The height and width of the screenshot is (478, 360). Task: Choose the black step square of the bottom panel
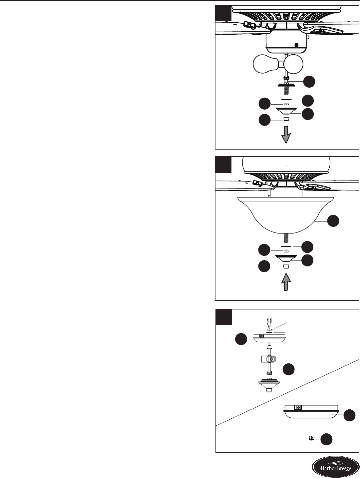[223, 317]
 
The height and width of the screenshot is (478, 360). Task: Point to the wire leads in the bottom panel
[269, 323]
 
